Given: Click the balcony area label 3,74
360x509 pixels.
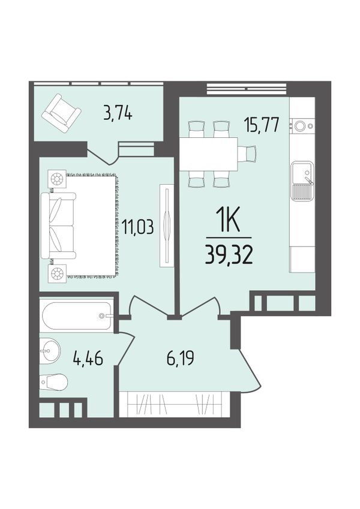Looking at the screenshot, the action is (x=118, y=115).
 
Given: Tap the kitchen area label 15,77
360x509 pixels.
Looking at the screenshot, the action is (x=262, y=126).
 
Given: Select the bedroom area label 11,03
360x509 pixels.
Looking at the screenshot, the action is (x=137, y=226).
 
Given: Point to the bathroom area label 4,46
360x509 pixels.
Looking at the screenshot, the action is (x=88, y=359).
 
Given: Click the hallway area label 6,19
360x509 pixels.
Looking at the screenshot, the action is (x=181, y=359).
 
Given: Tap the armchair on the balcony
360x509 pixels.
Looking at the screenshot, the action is (x=61, y=113).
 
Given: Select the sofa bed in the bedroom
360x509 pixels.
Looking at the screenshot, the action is (x=58, y=226).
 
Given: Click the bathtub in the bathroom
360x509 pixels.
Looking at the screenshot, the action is (x=77, y=315).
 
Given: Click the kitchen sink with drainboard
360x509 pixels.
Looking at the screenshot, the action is (x=302, y=181).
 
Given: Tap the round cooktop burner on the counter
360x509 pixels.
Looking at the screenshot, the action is (x=299, y=126).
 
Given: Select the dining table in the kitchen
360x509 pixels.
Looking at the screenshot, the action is (x=208, y=154).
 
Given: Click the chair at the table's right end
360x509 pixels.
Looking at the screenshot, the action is (x=247, y=153).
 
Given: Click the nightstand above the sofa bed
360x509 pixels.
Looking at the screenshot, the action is (x=57, y=178).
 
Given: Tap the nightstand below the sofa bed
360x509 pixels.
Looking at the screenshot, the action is (x=57, y=273).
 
